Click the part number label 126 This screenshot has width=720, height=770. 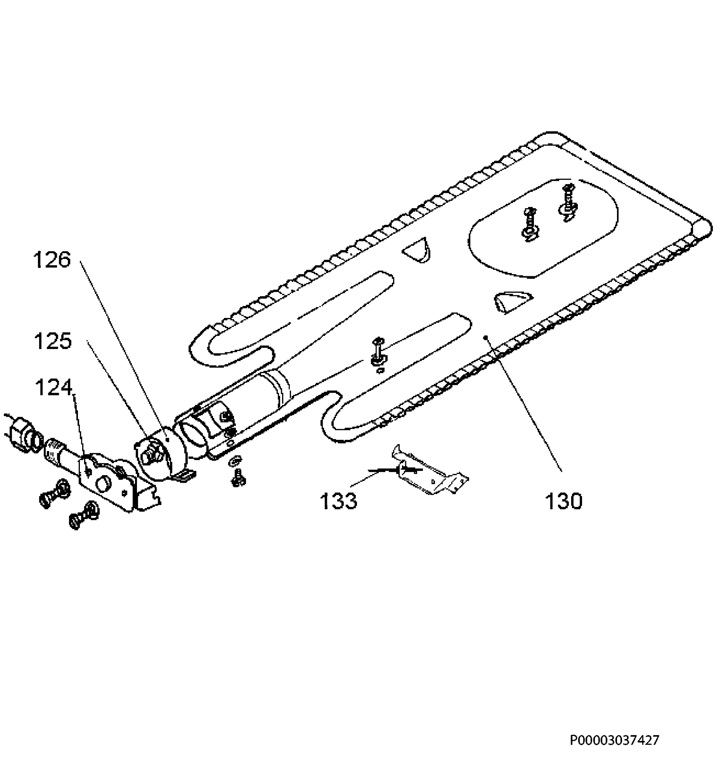point(52,260)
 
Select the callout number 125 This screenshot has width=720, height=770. point(53,342)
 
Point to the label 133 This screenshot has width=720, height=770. point(338,501)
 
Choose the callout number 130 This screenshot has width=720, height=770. point(563,501)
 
